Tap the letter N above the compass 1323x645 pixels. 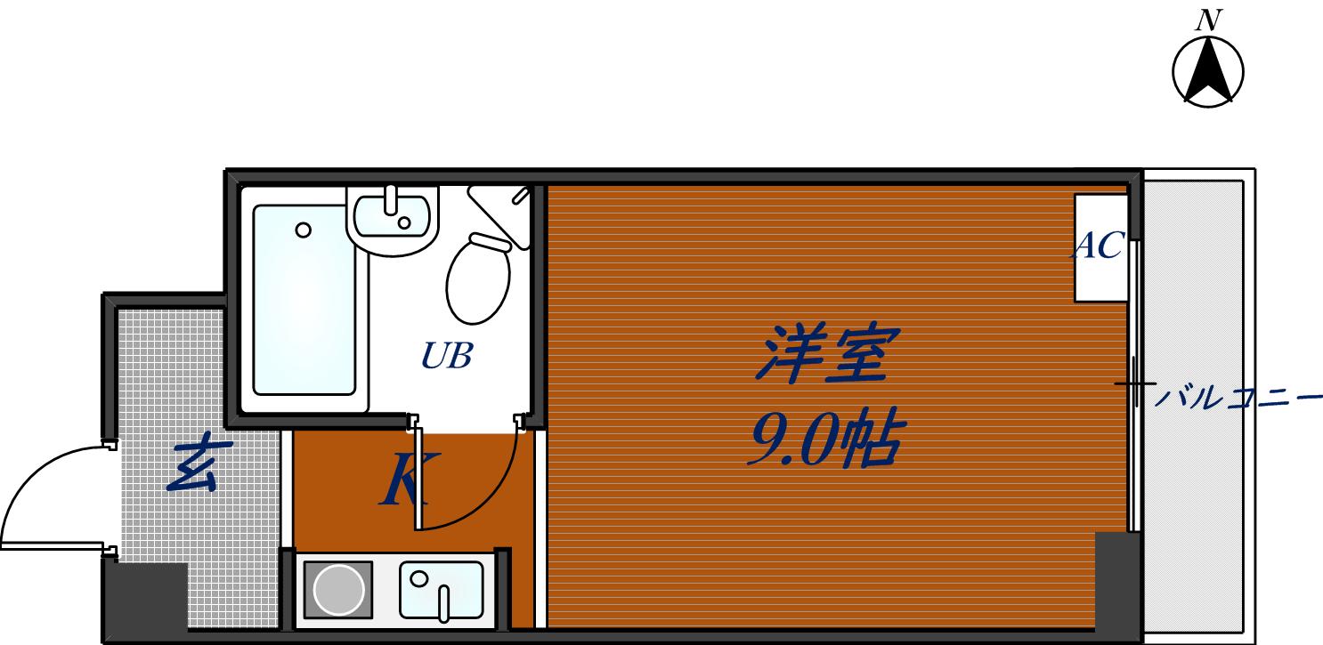coord(1208,20)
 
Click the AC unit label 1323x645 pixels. coord(1100,246)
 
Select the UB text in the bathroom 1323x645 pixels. coord(445,357)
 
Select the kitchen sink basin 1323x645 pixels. coord(441,589)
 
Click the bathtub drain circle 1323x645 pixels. coord(303,230)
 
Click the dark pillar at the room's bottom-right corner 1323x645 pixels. coord(1116,583)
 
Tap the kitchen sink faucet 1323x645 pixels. coord(445,602)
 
